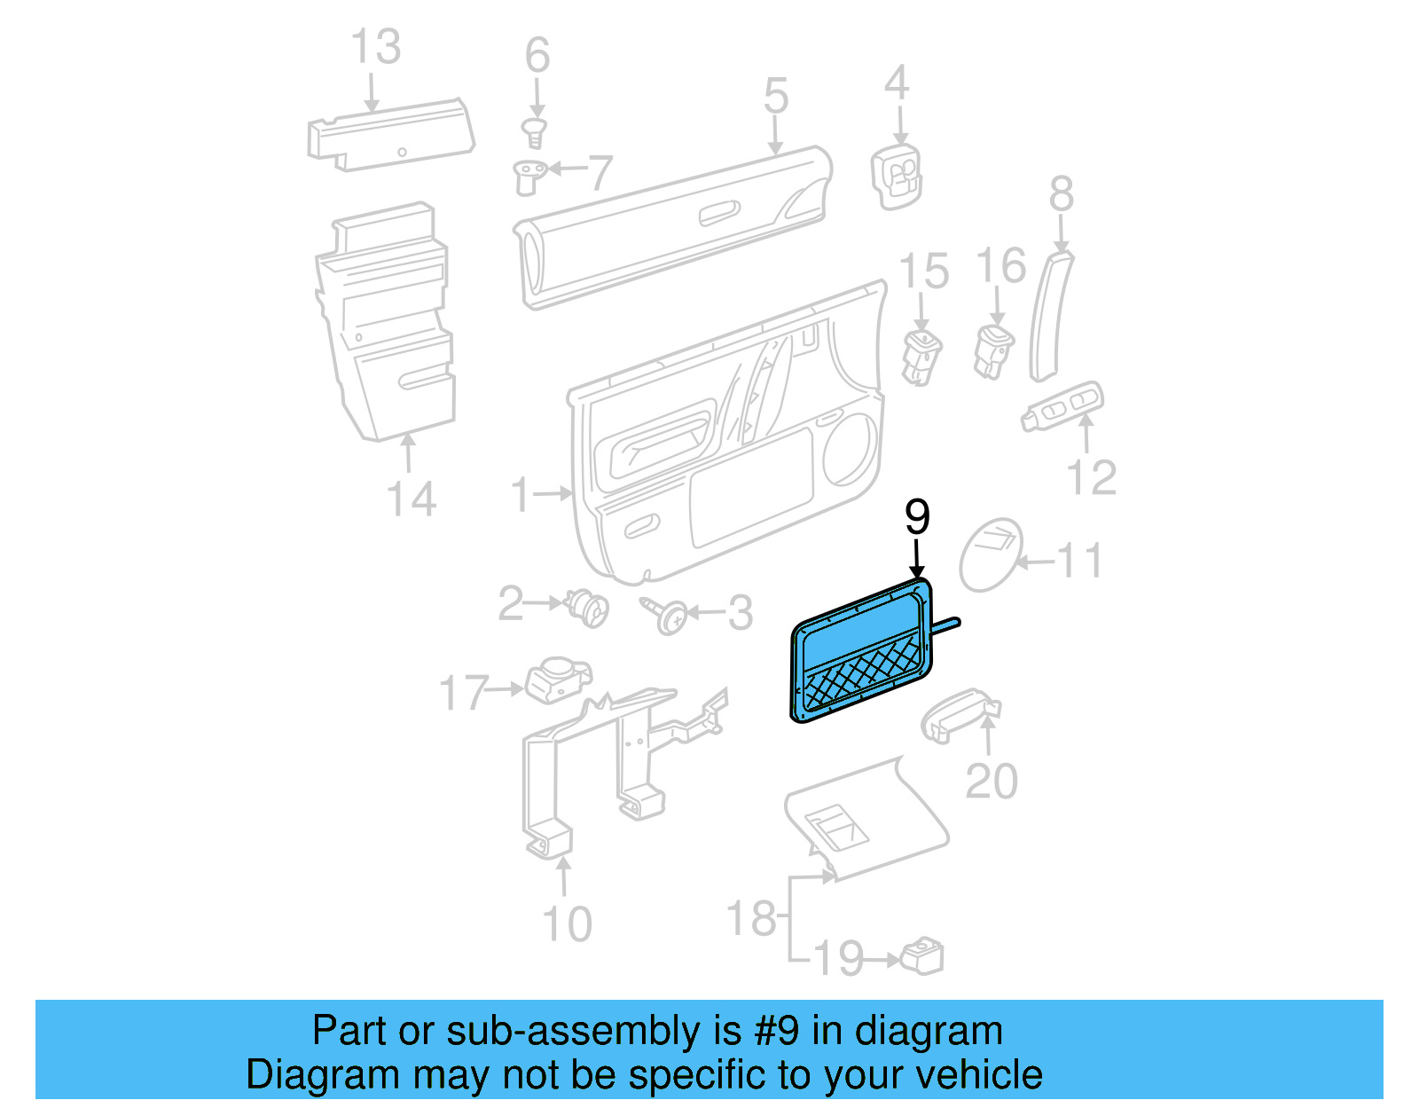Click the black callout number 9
tap(917, 516)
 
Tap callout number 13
tap(376, 47)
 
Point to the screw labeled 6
tap(534, 134)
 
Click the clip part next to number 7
tap(529, 176)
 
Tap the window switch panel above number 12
tap(1063, 406)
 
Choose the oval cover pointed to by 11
tap(991, 556)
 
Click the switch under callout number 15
tap(921, 357)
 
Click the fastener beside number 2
tap(587, 608)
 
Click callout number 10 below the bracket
tap(567, 924)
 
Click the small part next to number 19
tap(922, 956)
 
